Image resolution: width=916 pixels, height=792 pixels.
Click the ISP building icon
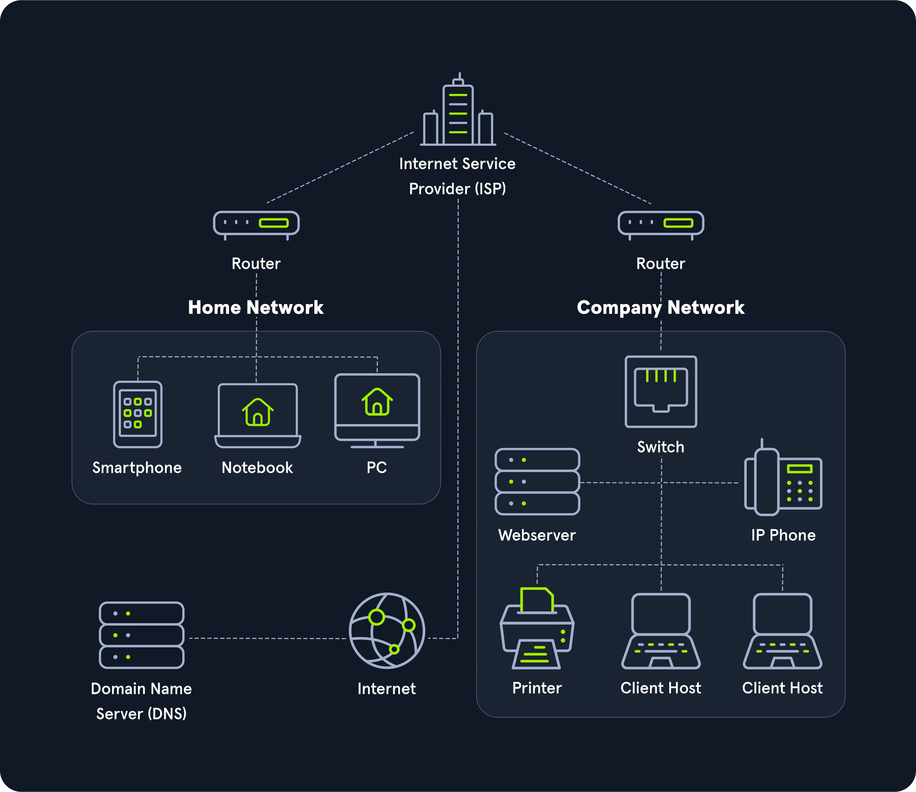point(458,113)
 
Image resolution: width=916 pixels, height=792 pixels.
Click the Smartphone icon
point(138,414)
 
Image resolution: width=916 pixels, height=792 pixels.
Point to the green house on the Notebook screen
point(258,412)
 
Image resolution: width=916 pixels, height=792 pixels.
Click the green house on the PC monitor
point(377,402)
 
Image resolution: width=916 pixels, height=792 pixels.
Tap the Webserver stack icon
point(537,482)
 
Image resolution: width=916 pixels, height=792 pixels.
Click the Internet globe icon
point(387,631)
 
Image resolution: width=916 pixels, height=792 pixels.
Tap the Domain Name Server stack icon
point(142,635)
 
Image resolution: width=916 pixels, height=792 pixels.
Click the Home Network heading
point(256,307)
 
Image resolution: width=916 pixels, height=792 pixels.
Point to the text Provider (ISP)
point(457,189)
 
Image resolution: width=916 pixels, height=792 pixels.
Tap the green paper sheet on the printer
point(536,600)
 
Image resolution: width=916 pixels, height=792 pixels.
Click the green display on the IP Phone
point(799,469)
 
